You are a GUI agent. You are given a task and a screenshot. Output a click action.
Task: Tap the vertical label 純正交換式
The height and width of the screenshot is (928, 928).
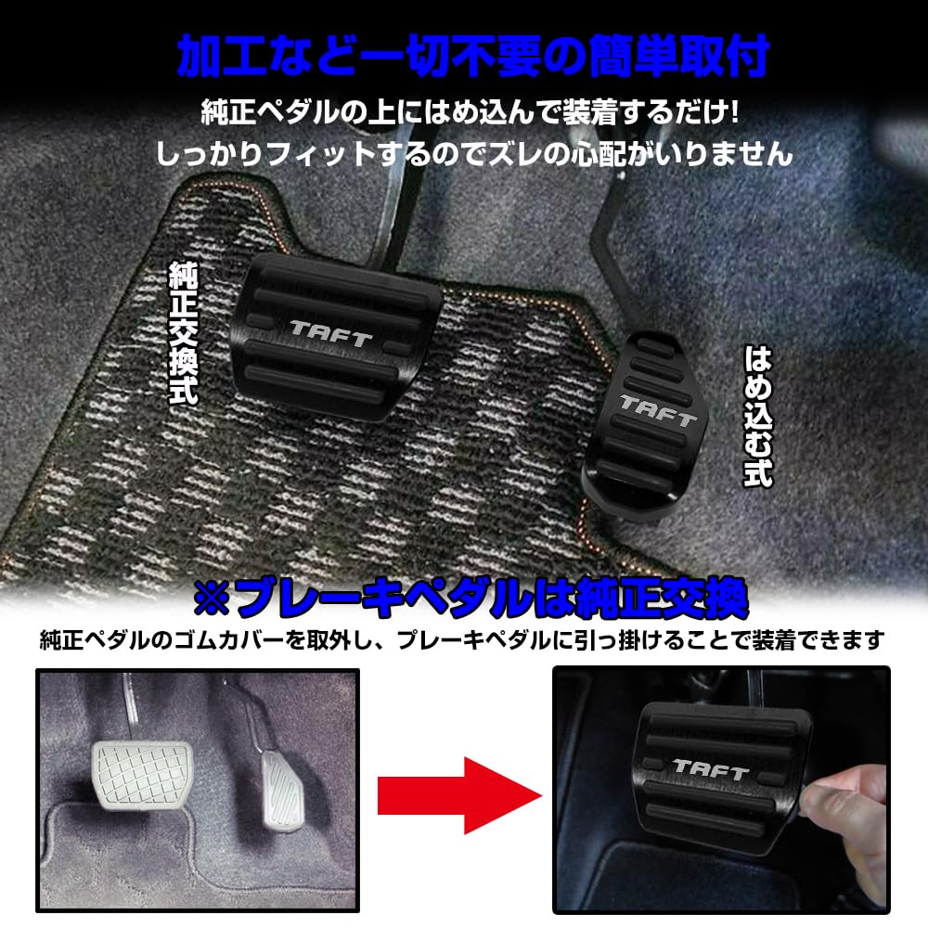tap(183, 332)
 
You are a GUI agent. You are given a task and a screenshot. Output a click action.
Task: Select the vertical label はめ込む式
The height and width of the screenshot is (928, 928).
tap(758, 416)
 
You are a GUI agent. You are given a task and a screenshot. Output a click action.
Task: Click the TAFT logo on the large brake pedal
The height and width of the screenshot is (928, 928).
tap(331, 332)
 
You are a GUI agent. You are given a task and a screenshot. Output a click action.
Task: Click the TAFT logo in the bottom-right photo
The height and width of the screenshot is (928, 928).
tap(710, 768)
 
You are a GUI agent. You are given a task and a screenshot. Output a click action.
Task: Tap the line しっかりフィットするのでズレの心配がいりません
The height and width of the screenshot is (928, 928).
tap(474, 152)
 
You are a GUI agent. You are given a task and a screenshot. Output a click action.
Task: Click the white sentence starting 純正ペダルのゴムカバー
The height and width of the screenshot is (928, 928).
tap(462, 640)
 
